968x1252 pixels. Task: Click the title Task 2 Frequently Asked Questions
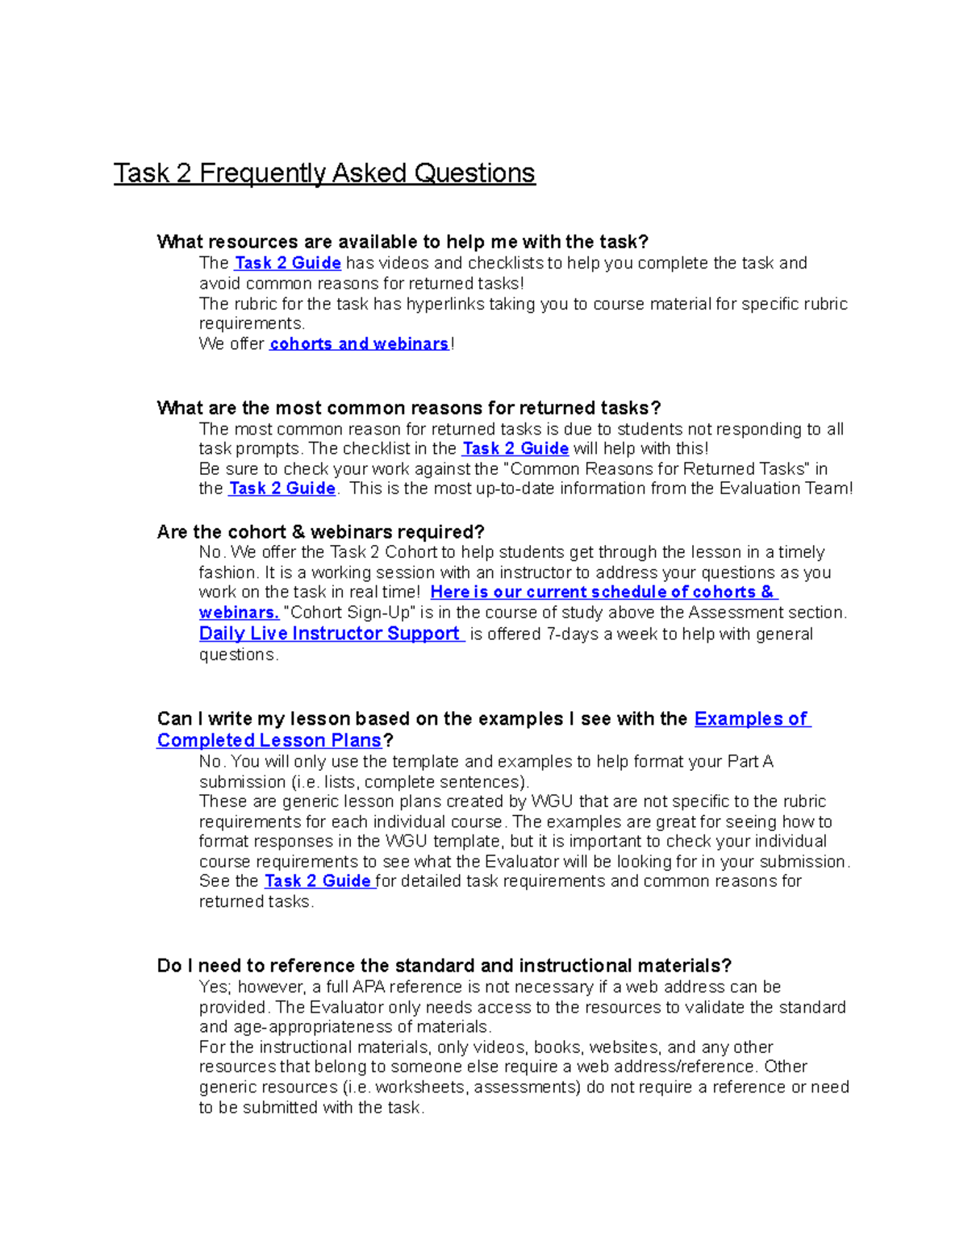323,173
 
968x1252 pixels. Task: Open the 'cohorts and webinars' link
359,344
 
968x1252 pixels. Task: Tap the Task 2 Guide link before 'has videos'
287,264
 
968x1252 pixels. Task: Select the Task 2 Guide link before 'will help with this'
515,449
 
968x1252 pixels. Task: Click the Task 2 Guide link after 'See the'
318,881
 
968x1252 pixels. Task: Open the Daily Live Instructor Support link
330,634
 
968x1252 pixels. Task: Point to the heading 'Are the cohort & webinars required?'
320,532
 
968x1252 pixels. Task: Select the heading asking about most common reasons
408,408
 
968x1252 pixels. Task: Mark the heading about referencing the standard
444,966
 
